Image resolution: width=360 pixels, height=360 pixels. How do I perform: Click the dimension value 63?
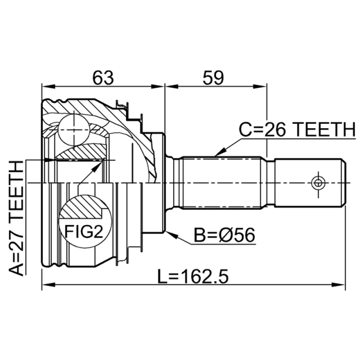pyautogui.click(x=103, y=77)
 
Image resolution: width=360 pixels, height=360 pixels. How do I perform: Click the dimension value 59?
pyautogui.click(x=213, y=77)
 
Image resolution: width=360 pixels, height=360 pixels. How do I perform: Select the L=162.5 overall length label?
pyautogui.click(x=193, y=276)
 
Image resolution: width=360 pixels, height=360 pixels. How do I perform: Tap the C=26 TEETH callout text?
pyautogui.click(x=297, y=130)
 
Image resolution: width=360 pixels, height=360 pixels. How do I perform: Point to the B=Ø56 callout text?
pyautogui.click(x=225, y=235)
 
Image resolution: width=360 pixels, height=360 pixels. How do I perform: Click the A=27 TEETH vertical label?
pyautogui.click(x=16, y=218)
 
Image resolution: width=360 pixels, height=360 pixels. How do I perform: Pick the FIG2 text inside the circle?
pyautogui.click(x=84, y=231)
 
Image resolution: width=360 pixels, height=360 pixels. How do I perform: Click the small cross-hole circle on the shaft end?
pyautogui.click(x=318, y=183)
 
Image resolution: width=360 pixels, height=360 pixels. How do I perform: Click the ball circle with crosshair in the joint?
pyautogui.click(x=74, y=130)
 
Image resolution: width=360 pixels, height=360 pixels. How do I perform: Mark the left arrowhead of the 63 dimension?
pyautogui.click(x=49, y=86)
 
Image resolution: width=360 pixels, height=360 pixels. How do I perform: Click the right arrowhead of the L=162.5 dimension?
pyautogui.click(x=338, y=285)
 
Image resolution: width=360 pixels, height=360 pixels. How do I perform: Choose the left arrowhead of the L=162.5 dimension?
pyautogui.click(x=49, y=285)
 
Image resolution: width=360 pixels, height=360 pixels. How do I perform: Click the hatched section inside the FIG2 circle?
pyautogui.click(x=83, y=207)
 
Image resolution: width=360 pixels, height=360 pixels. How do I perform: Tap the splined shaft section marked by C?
pyautogui.click(x=222, y=183)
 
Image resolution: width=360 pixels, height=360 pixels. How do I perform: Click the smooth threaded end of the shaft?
pyautogui.click(x=310, y=183)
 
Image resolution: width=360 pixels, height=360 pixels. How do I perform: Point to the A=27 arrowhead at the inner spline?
pyautogui.click(x=50, y=160)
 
